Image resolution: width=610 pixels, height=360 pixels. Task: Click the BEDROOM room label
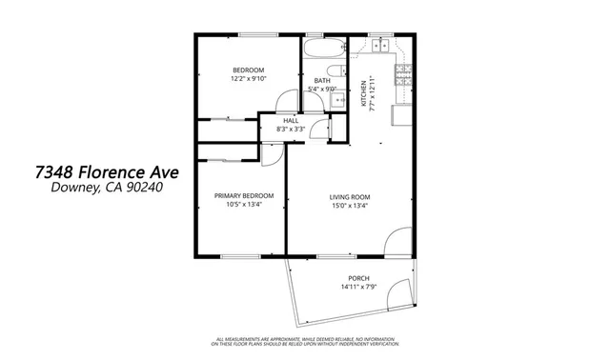pyautogui.click(x=248, y=70)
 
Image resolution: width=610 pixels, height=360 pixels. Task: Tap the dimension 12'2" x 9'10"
pyautogui.click(x=248, y=80)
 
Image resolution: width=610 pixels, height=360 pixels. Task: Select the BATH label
pyautogui.click(x=323, y=81)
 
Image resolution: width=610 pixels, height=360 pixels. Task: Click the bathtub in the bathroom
pyautogui.click(x=324, y=47)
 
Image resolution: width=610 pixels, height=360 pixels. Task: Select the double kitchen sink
pyautogui.click(x=381, y=44)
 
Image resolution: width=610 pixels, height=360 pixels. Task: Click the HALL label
pyautogui.click(x=290, y=121)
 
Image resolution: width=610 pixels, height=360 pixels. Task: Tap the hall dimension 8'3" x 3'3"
pyautogui.click(x=290, y=130)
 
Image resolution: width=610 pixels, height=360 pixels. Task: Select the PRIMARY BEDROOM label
pyautogui.click(x=237, y=195)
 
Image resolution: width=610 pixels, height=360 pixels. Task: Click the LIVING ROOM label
pyautogui.click(x=350, y=196)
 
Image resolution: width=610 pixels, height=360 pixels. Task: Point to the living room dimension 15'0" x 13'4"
pyautogui.click(x=350, y=205)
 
